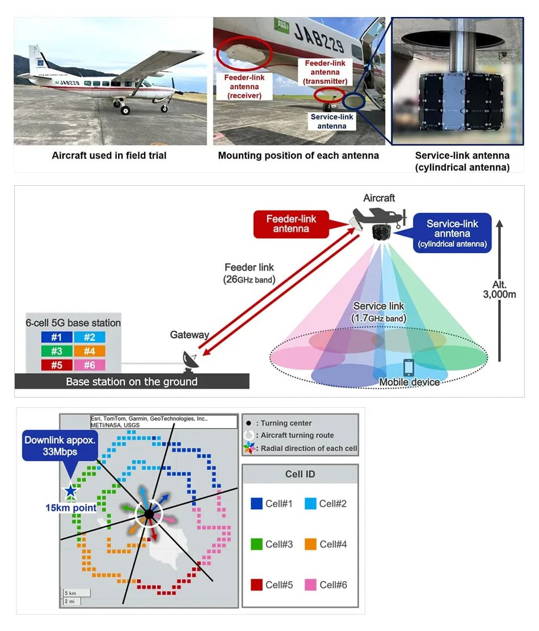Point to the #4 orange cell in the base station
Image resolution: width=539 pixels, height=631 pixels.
coord(89,351)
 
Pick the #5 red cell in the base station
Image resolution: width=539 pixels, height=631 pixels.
coord(57,365)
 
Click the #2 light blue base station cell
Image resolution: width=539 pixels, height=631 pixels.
coord(89,338)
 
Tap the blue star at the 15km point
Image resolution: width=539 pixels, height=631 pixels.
coord(70,491)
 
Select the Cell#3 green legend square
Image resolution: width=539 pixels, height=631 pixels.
coord(256,544)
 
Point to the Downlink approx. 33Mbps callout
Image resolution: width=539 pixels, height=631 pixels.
coord(58,446)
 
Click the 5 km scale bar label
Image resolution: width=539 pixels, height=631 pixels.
coord(69,592)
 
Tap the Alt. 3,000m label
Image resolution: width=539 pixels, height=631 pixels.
coord(499,289)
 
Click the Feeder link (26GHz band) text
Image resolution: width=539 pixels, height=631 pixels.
coord(249,272)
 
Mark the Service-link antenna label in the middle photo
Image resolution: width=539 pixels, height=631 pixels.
coord(332,121)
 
